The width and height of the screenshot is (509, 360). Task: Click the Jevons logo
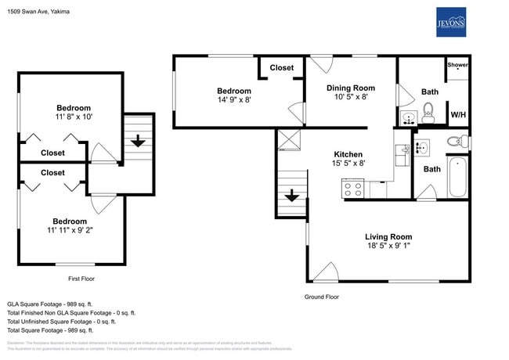coord(450,22)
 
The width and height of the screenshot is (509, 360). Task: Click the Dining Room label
coord(350,88)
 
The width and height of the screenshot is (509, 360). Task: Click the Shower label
coord(457,65)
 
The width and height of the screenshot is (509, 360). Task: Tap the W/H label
coord(457,115)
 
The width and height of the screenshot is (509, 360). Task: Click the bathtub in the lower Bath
coord(457,178)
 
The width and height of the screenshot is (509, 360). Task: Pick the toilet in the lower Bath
coord(453,142)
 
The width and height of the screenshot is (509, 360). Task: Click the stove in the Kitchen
coord(352,189)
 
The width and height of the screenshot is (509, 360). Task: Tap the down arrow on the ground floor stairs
coord(291,195)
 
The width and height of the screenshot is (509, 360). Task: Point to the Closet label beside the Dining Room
coord(282,68)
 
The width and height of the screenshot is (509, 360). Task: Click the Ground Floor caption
coord(321,297)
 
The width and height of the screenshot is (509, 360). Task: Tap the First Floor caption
coord(87,278)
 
